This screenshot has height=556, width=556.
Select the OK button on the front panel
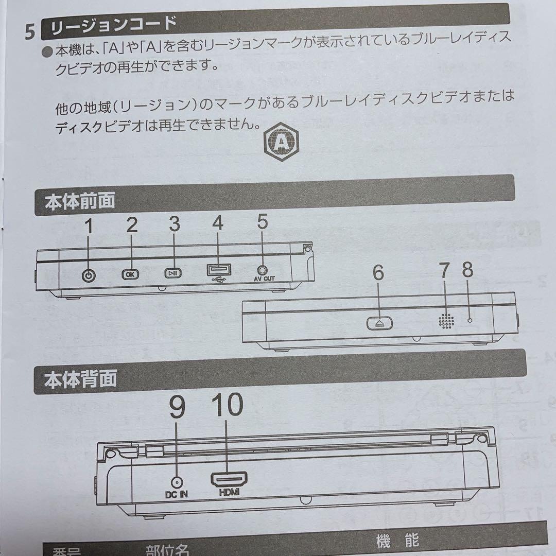pos(130,274)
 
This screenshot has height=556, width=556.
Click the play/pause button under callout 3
pos(173,274)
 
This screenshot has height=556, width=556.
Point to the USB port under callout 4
pos(219,270)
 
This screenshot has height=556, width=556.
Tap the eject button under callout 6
pos(380,323)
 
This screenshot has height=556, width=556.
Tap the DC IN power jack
pos(178,482)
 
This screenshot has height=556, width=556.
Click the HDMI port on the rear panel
pos(228,479)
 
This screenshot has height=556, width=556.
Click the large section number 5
pos(30,32)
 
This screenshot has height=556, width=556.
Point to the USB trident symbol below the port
pos(219,281)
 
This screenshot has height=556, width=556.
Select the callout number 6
pos(378,274)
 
